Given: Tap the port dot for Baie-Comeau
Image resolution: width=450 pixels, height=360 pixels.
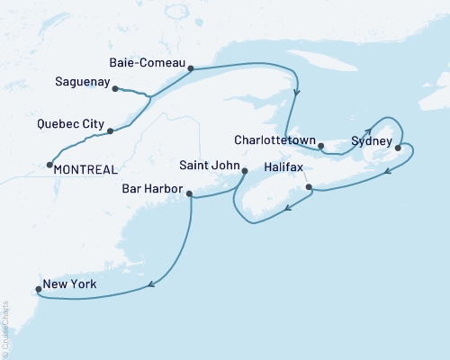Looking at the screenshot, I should pos(191,67).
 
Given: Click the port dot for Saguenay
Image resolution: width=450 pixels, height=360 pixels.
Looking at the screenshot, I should pos(115,87).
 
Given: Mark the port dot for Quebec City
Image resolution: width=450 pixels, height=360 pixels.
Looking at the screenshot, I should pos(110,131).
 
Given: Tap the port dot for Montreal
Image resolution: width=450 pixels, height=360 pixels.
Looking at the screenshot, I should pos(48,165).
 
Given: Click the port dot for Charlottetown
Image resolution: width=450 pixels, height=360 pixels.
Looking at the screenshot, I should pos(321,145).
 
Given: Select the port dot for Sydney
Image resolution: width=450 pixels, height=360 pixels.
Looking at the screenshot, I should pos(398,150).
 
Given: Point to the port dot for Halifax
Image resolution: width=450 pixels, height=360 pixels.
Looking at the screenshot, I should pos(309,187).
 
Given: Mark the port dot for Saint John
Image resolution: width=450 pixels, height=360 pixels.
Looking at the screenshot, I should pos(245,170).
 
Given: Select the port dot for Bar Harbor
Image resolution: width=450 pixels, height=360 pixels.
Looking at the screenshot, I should pos(190,192).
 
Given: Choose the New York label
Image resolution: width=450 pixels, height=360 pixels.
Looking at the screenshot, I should pos(69,285).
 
